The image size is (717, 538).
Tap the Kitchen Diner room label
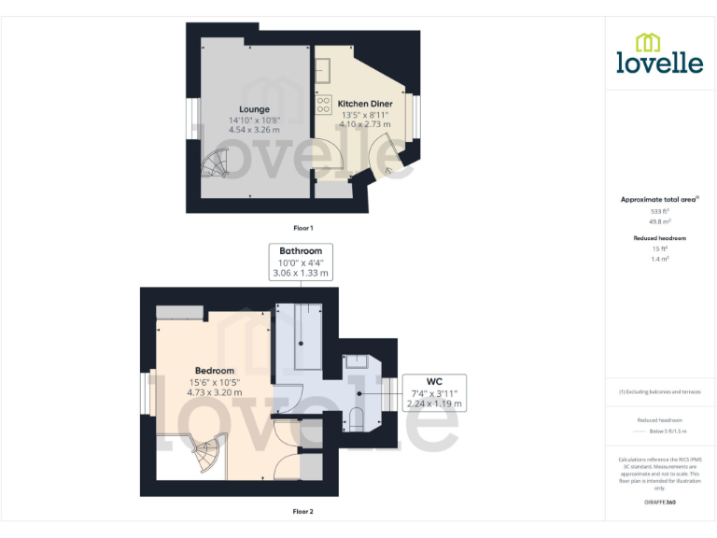click(x=364, y=103)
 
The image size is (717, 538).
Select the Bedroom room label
click(x=214, y=370)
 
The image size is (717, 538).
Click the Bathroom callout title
click(x=301, y=251)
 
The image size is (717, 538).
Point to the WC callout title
click(x=434, y=381)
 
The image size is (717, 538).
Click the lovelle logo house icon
click(x=647, y=42)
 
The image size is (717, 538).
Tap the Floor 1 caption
click(x=303, y=228)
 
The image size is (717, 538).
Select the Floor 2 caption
click(x=303, y=511)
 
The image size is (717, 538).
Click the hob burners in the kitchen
click(x=323, y=104)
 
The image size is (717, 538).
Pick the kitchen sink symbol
click(x=323, y=69)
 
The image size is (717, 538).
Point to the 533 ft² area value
click(x=660, y=212)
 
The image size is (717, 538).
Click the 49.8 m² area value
click(x=660, y=222)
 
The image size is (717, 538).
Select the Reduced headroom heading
click(x=660, y=238)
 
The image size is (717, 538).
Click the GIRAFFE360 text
click(x=660, y=503)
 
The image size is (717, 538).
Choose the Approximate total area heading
click(x=658, y=199)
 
